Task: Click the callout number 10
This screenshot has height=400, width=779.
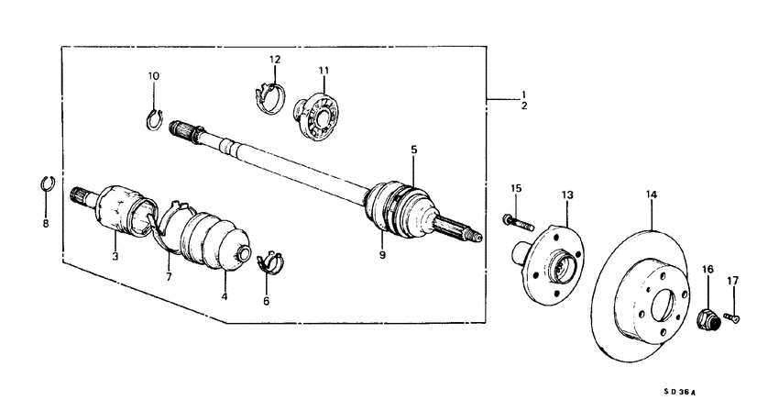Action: pyautogui.click(x=153, y=75)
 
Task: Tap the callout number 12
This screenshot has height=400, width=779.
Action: pyautogui.click(x=274, y=60)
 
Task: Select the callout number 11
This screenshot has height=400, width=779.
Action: pyautogui.click(x=323, y=71)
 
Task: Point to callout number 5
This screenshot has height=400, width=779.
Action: pyautogui.click(x=413, y=149)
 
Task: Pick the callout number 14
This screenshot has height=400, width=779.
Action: pyautogui.click(x=652, y=194)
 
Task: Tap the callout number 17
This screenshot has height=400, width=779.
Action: pyautogui.click(x=732, y=281)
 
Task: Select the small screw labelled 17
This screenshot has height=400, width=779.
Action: pyautogui.click(x=733, y=317)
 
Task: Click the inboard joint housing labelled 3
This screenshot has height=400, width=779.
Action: pyautogui.click(x=116, y=212)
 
